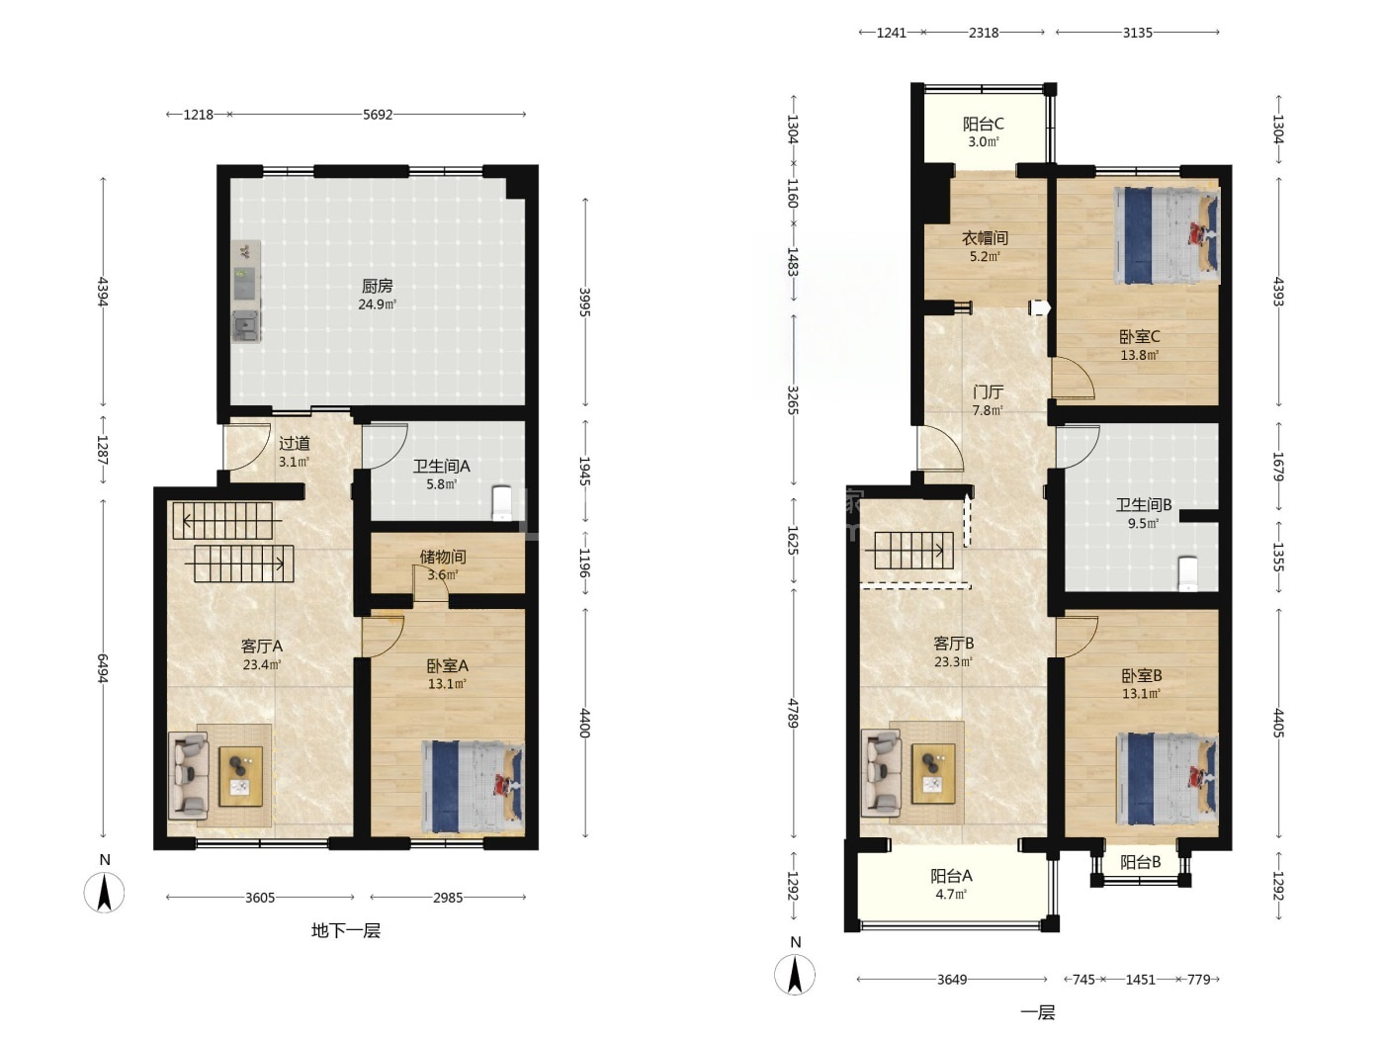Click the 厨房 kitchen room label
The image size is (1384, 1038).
tap(377, 286)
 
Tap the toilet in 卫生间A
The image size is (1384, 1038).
tap(500, 503)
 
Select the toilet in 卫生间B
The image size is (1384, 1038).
tap(1187, 573)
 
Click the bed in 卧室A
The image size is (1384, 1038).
tap(473, 789)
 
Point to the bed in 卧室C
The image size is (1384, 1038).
tap(1168, 235)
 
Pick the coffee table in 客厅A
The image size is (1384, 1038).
tap(241, 776)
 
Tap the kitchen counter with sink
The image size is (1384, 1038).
tap(246, 292)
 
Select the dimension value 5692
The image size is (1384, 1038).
tap(378, 115)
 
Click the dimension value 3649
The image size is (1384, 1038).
tap(951, 980)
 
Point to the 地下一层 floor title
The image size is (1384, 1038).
tap(346, 931)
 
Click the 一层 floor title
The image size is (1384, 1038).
tap(1037, 1012)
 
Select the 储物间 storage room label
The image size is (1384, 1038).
tap(443, 558)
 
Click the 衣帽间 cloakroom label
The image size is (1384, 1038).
tap(985, 238)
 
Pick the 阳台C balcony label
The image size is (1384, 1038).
tap(984, 125)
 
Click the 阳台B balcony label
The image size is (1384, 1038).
tap(1141, 862)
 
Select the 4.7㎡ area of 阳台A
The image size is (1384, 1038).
tap(950, 895)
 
